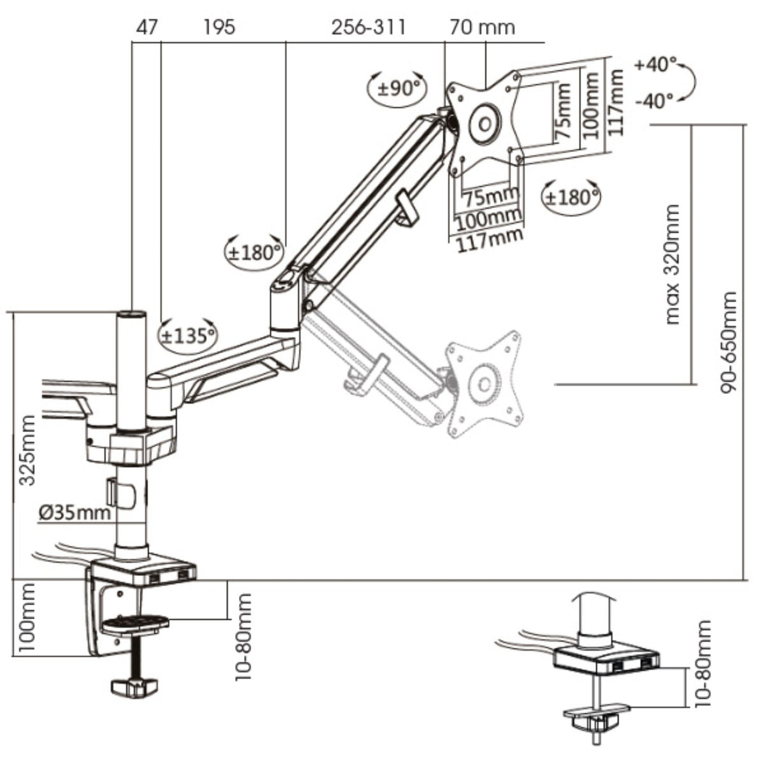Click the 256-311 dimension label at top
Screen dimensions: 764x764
(x=368, y=27)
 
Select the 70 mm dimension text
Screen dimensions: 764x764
(x=482, y=27)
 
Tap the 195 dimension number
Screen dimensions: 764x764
(x=219, y=27)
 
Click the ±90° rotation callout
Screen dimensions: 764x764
(x=399, y=88)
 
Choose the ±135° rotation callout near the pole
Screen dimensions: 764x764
(x=187, y=334)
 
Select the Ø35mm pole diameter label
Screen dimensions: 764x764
(x=74, y=512)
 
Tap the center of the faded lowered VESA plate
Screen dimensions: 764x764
(x=486, y=384)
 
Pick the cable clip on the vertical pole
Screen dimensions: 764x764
(x=121, y=493)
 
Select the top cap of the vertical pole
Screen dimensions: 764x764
(x=132, y=315)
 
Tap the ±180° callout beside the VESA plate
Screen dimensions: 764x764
(x=571, y=197)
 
